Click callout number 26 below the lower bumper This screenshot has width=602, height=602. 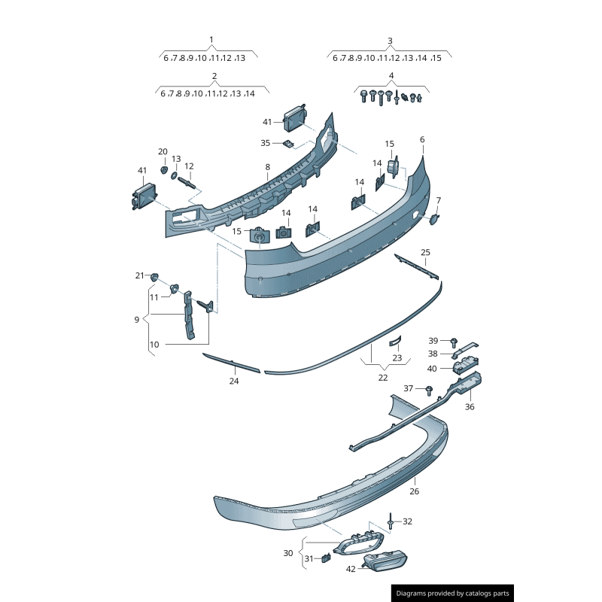coord(415,491)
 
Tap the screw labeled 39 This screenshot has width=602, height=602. coord(454,342)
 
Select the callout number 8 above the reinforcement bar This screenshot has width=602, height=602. coord(268,167)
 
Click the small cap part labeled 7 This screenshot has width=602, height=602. coord(434,219)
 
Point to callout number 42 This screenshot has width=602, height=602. coord(351,569)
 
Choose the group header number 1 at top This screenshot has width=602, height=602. coord(211,40)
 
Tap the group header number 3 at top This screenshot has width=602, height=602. coord(390,41)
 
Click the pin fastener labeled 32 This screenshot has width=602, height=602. coord(391,521)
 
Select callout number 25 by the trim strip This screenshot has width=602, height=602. coord(425,252)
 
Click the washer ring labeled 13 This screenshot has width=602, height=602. coord(174,175)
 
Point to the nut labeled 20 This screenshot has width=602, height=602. coord(164,170)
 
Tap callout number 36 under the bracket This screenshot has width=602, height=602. coord(470,406)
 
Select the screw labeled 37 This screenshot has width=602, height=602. coord(429,391)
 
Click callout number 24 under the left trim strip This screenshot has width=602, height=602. coord(234,381)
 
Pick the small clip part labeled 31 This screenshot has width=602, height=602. coord(326,558)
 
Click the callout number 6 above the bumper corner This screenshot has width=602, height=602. coord(422,139)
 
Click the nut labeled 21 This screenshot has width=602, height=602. coord(154,277)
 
